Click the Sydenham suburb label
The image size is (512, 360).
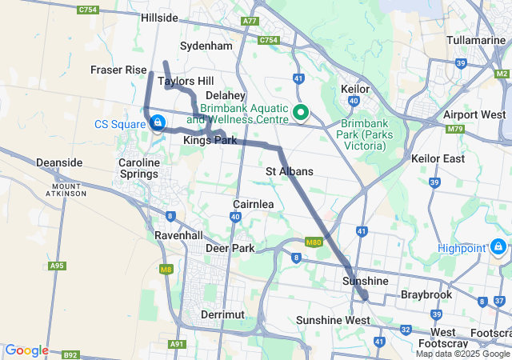206,46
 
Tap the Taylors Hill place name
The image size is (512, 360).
186,82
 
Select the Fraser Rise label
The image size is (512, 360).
118,70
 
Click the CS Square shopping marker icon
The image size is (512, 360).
158,122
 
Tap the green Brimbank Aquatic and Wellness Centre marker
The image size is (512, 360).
301,113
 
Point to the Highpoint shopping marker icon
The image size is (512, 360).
498,247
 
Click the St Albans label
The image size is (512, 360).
290,172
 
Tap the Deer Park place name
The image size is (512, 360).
230,249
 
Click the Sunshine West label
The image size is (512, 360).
333,321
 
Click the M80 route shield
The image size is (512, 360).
313,242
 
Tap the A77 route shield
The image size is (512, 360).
250,22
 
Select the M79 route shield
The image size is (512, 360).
455,128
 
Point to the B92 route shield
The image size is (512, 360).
70,354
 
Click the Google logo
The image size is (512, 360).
26,350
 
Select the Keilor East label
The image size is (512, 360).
438,159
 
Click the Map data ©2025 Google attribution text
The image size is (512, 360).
462,354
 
